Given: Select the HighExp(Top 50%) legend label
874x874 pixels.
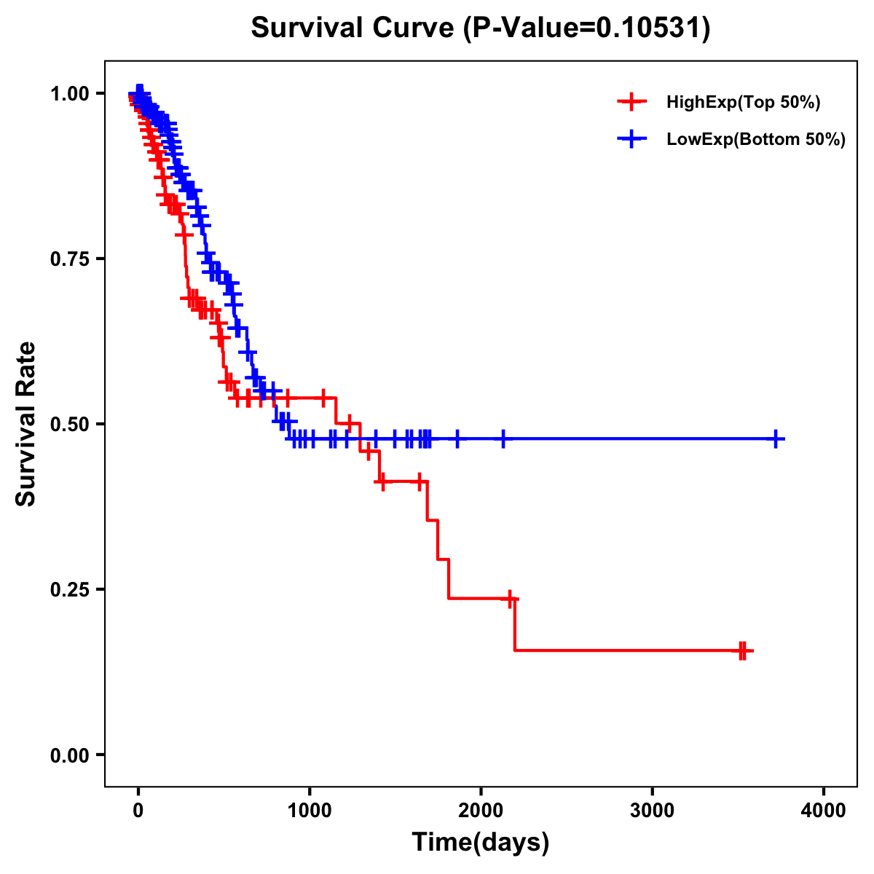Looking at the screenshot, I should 743,103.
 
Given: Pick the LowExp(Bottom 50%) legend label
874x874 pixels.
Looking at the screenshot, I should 755,139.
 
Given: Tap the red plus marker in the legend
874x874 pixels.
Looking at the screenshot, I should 631,103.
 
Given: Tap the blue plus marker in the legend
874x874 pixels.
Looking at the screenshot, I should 631,139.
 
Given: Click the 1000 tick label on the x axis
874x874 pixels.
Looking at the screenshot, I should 310,811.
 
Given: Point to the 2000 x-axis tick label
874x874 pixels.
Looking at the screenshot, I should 481,811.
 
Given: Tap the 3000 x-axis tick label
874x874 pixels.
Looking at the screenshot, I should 653,811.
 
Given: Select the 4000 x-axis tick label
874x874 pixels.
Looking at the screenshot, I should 824,811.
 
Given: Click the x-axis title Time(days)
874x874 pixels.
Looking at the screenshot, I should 481,842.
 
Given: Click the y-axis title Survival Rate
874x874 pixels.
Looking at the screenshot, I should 26,424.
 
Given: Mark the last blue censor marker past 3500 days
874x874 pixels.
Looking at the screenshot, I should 776,439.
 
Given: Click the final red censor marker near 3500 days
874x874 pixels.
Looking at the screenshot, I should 744,650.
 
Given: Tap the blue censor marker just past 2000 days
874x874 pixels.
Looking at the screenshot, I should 503,439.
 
